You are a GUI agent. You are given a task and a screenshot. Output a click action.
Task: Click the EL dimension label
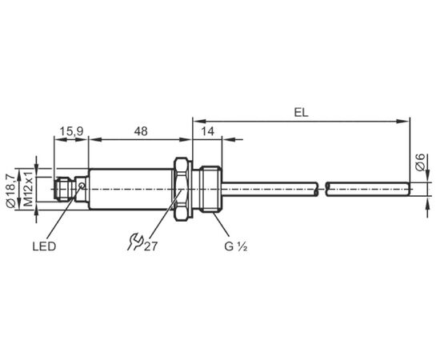[301, 113]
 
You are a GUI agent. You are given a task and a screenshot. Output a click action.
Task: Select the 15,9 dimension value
[71, 131]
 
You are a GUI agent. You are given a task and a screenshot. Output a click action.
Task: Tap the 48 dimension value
[140, 131]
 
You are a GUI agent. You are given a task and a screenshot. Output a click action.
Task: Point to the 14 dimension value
[208, 131]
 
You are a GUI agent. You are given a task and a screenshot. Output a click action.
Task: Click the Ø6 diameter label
[420, 162]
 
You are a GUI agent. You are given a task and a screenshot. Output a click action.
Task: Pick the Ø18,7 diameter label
[11, 191]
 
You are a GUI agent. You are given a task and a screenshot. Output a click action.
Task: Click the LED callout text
[44, 246]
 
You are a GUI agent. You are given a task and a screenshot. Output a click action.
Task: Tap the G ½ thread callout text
[236, 246]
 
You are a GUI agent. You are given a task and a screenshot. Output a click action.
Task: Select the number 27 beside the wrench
[150, 246]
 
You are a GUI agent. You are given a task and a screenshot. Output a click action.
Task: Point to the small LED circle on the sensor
[82, 185]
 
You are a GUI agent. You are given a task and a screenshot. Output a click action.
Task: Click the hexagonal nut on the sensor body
[183, 189]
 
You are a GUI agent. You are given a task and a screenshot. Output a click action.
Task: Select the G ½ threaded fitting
[210, 189]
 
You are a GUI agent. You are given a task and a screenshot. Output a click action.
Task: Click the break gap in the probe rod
[322, 189]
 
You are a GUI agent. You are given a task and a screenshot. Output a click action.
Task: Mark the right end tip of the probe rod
[410, 189]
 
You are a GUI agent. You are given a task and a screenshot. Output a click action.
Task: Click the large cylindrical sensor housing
[130, 189]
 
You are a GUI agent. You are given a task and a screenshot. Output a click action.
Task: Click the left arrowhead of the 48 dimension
[95, 139]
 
